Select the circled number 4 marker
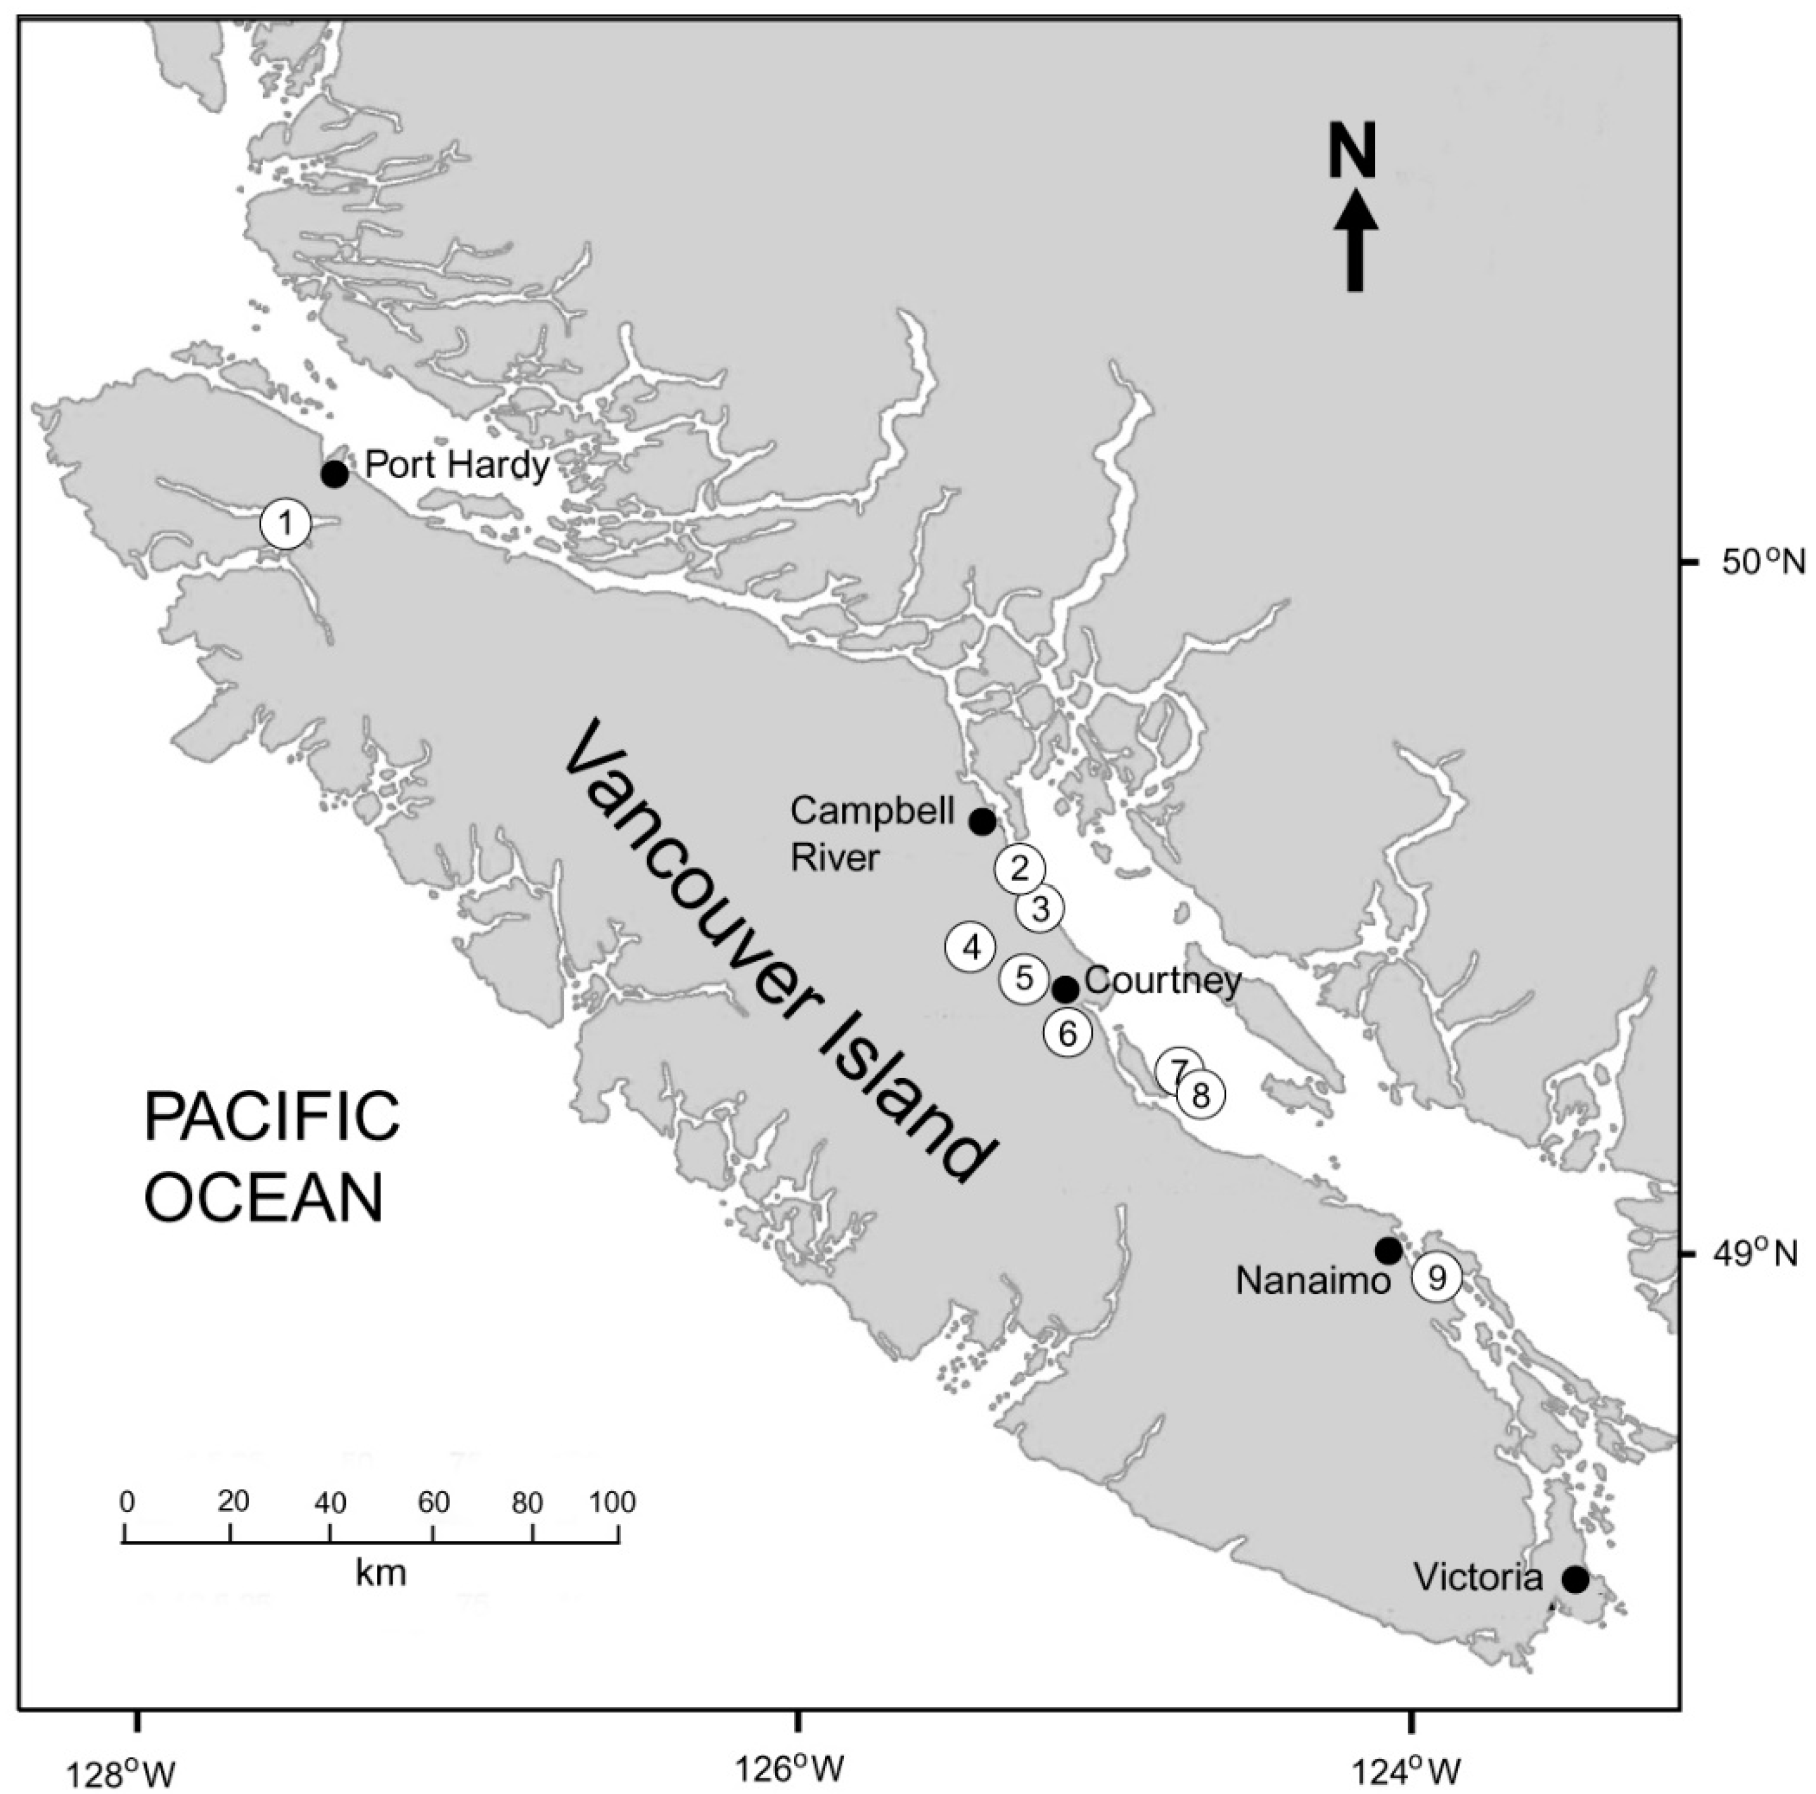pyautogui.click(x=972, y=948)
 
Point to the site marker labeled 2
pyautogui.click(x=1020, y=868)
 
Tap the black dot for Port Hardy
pyautogui.click(x=334, y=473)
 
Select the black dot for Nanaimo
pyautogui.click(x=1388, y=1251)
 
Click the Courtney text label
pyautogui.click(x=1163, y=982)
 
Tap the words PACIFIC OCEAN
pyautogui.click(x=271, y=1157)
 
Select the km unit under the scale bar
pyautogui.click(x=381, y=1572)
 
